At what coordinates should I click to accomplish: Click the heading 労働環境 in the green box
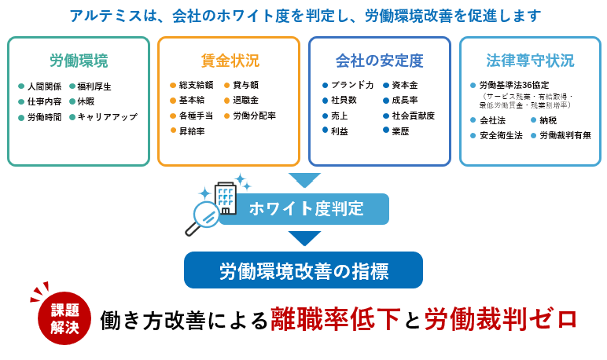79,61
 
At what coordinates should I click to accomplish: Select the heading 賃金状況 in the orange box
229,61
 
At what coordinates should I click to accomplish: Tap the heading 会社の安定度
379,61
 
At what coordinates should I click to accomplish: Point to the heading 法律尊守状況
530,61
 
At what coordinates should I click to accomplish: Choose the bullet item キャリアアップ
107,117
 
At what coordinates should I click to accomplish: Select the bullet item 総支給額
196,85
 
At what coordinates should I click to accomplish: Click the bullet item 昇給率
192,131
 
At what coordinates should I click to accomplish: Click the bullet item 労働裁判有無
565,135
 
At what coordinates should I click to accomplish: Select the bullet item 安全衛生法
501,135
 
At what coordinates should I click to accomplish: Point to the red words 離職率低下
337,318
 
